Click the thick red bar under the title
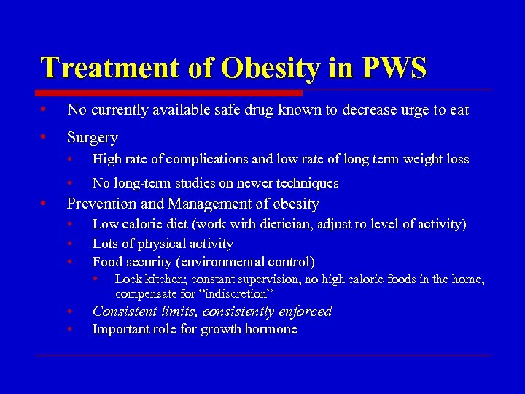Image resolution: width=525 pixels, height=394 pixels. (x=171, y=93)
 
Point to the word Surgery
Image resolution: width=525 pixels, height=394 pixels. (x=92, y=137)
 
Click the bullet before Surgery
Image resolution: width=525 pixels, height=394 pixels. (x=44, y=137)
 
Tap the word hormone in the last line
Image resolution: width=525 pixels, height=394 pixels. (x=271, y=329)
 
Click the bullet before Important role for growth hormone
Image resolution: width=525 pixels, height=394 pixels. (x=69, y=330)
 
